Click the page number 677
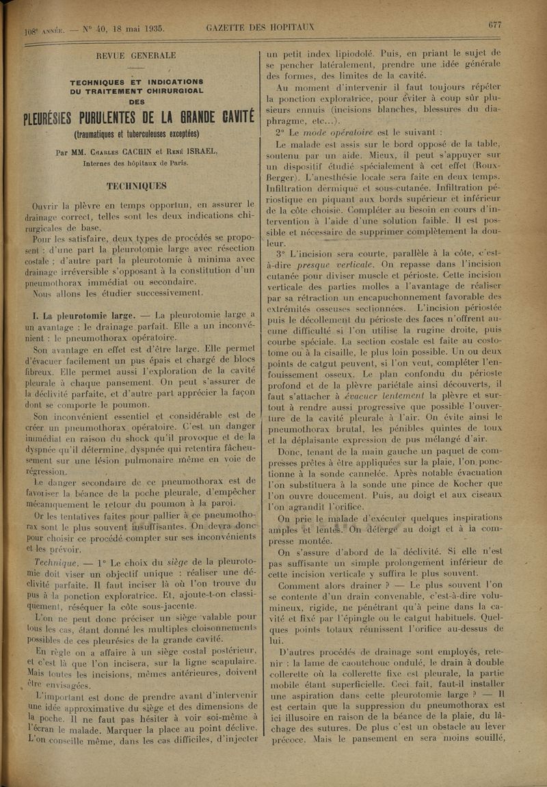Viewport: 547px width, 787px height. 495,25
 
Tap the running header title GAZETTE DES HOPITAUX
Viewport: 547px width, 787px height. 260,27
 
